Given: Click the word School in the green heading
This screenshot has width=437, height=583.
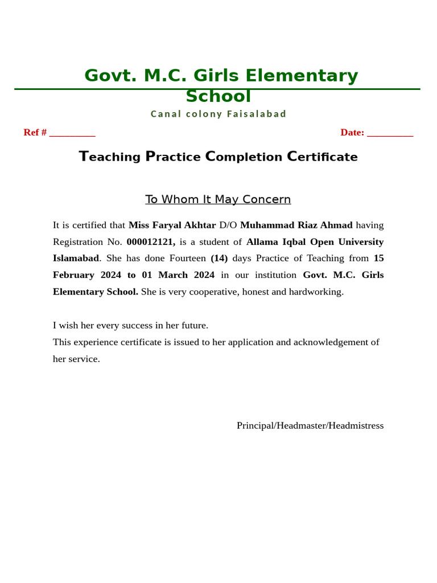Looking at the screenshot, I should (x=218, y=96).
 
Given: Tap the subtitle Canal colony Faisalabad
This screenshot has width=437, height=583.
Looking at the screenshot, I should (x=218, y=114).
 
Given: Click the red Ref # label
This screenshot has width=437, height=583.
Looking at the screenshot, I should (x=35, y=132).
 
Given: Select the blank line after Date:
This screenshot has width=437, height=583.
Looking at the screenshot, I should (x=390, y=133).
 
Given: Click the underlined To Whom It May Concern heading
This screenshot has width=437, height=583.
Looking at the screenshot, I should (x=218, y=199).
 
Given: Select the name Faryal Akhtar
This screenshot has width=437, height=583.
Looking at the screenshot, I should (x=184, y=225).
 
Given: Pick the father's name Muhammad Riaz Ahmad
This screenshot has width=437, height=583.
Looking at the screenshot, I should (x=296, y=225).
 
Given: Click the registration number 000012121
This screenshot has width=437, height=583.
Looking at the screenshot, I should (x=150, y=241).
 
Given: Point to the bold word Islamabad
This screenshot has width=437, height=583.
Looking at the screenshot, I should (x=76, y=258).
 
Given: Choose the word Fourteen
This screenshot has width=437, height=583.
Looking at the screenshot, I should (x=187, y=258).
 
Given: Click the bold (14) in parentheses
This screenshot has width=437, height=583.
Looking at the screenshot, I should (x=219, y=258).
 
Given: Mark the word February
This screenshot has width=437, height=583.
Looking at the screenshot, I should (x=73, y=275).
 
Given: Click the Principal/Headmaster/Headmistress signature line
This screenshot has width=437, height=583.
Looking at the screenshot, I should (x=310, y=425).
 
